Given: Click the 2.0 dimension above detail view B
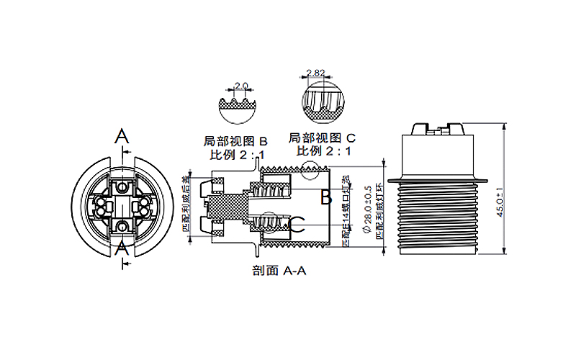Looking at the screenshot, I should coord(241,86).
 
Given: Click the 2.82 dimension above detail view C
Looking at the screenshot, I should coord(315,73).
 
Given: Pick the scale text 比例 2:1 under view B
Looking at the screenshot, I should coord(237,155).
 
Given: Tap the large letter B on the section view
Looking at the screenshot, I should coord(325,196).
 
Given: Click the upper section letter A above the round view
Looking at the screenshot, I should coord(123,136).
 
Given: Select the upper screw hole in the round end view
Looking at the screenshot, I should coord(123,187).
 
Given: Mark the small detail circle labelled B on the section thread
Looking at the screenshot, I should coord(312,171).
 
